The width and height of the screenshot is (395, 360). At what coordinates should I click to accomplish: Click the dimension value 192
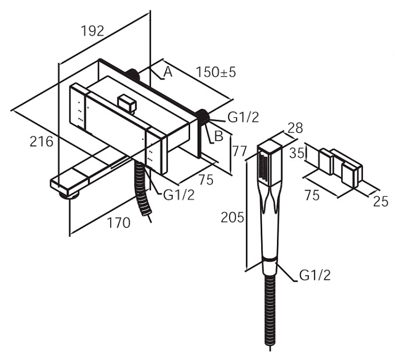tap(93, 31)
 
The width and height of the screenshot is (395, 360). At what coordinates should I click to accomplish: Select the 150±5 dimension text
tap(216, 72)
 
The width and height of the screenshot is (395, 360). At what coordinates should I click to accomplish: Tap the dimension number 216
tap(42, 141)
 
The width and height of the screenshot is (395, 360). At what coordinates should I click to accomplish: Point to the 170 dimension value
tap(118, 223)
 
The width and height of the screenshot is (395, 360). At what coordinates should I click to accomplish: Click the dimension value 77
tap(239, 152)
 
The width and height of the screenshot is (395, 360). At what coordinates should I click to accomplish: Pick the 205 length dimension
tap(232, 217)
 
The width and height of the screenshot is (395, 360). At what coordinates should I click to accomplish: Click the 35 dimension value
tap(297, 153)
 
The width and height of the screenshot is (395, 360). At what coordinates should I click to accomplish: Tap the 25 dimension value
tap(380, 202)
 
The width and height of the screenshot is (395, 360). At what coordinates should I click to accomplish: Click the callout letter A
tap(168, 72)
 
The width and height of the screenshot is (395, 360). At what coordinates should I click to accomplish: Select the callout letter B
tap(219, 136)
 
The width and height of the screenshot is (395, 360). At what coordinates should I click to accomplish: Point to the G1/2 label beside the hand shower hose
tap(315, 275)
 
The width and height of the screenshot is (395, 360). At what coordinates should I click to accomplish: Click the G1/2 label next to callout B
tap(243, 117)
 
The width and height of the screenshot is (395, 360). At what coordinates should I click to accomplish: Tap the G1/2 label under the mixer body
tap(179, 195)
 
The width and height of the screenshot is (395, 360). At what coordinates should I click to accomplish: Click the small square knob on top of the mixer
tap(127, 103)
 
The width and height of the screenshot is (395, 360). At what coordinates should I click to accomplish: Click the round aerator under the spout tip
tap(69, 195)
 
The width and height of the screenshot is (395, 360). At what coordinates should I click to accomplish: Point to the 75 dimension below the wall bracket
tap(312, 195)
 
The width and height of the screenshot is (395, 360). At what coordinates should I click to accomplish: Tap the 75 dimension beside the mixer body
tap(206, 180)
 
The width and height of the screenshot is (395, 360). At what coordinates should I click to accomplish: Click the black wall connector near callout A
tap(133, 75)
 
